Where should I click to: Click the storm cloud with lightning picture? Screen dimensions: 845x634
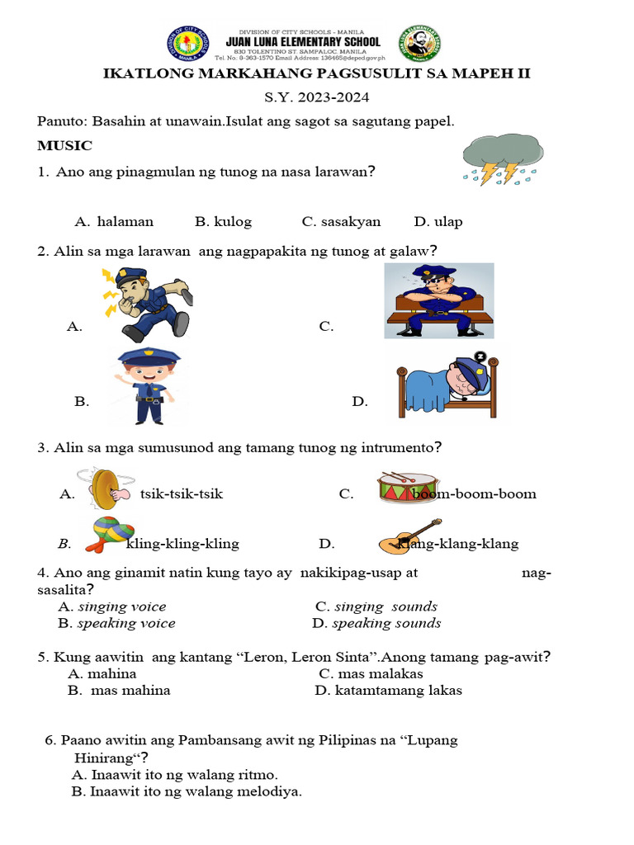click(503, 158)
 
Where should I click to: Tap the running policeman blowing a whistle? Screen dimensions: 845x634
click(149, 303)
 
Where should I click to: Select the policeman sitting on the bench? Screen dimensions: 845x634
click(439, 300)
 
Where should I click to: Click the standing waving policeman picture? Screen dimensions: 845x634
click(144, 385)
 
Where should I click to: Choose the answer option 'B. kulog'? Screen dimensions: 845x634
click(223, 221)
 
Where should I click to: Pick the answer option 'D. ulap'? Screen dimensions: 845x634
click(438, 221)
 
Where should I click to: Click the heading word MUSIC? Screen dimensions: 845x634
click(64, 146)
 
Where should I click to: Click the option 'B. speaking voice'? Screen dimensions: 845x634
click(116, 623)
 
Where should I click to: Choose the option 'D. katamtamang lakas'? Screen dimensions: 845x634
click(388, 690)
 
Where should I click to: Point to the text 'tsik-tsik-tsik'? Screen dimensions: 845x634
click(182, 494)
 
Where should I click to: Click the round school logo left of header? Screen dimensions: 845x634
click(188, 44)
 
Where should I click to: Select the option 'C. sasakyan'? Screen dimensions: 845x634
click(341, 221)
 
